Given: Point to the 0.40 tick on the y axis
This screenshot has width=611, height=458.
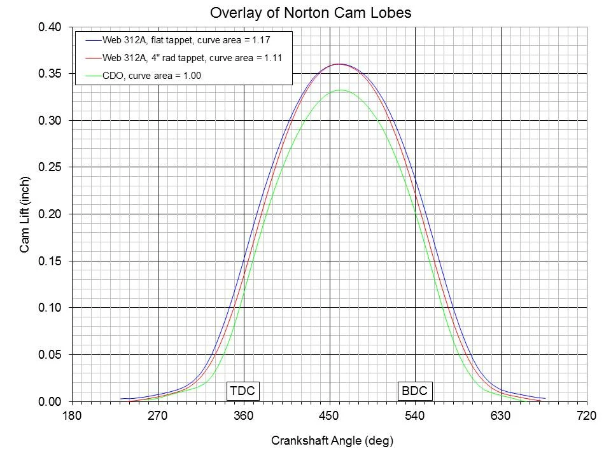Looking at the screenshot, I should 50,27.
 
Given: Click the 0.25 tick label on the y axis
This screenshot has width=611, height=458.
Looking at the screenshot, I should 50,167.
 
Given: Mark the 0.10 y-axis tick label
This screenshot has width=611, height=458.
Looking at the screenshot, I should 50,308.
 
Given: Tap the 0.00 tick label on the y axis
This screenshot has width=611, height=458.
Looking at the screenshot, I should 50,401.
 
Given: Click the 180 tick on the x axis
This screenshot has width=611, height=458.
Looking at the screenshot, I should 72,417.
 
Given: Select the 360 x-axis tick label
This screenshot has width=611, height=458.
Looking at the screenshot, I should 244,417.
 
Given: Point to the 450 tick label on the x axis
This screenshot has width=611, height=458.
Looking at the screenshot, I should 330,417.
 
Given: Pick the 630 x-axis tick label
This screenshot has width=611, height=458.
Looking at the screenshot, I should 501,417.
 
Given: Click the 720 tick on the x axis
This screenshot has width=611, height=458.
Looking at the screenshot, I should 586,417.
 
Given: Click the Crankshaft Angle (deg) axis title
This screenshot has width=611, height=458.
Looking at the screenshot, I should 328,440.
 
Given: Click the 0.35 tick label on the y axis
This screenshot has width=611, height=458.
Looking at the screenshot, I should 50,74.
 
